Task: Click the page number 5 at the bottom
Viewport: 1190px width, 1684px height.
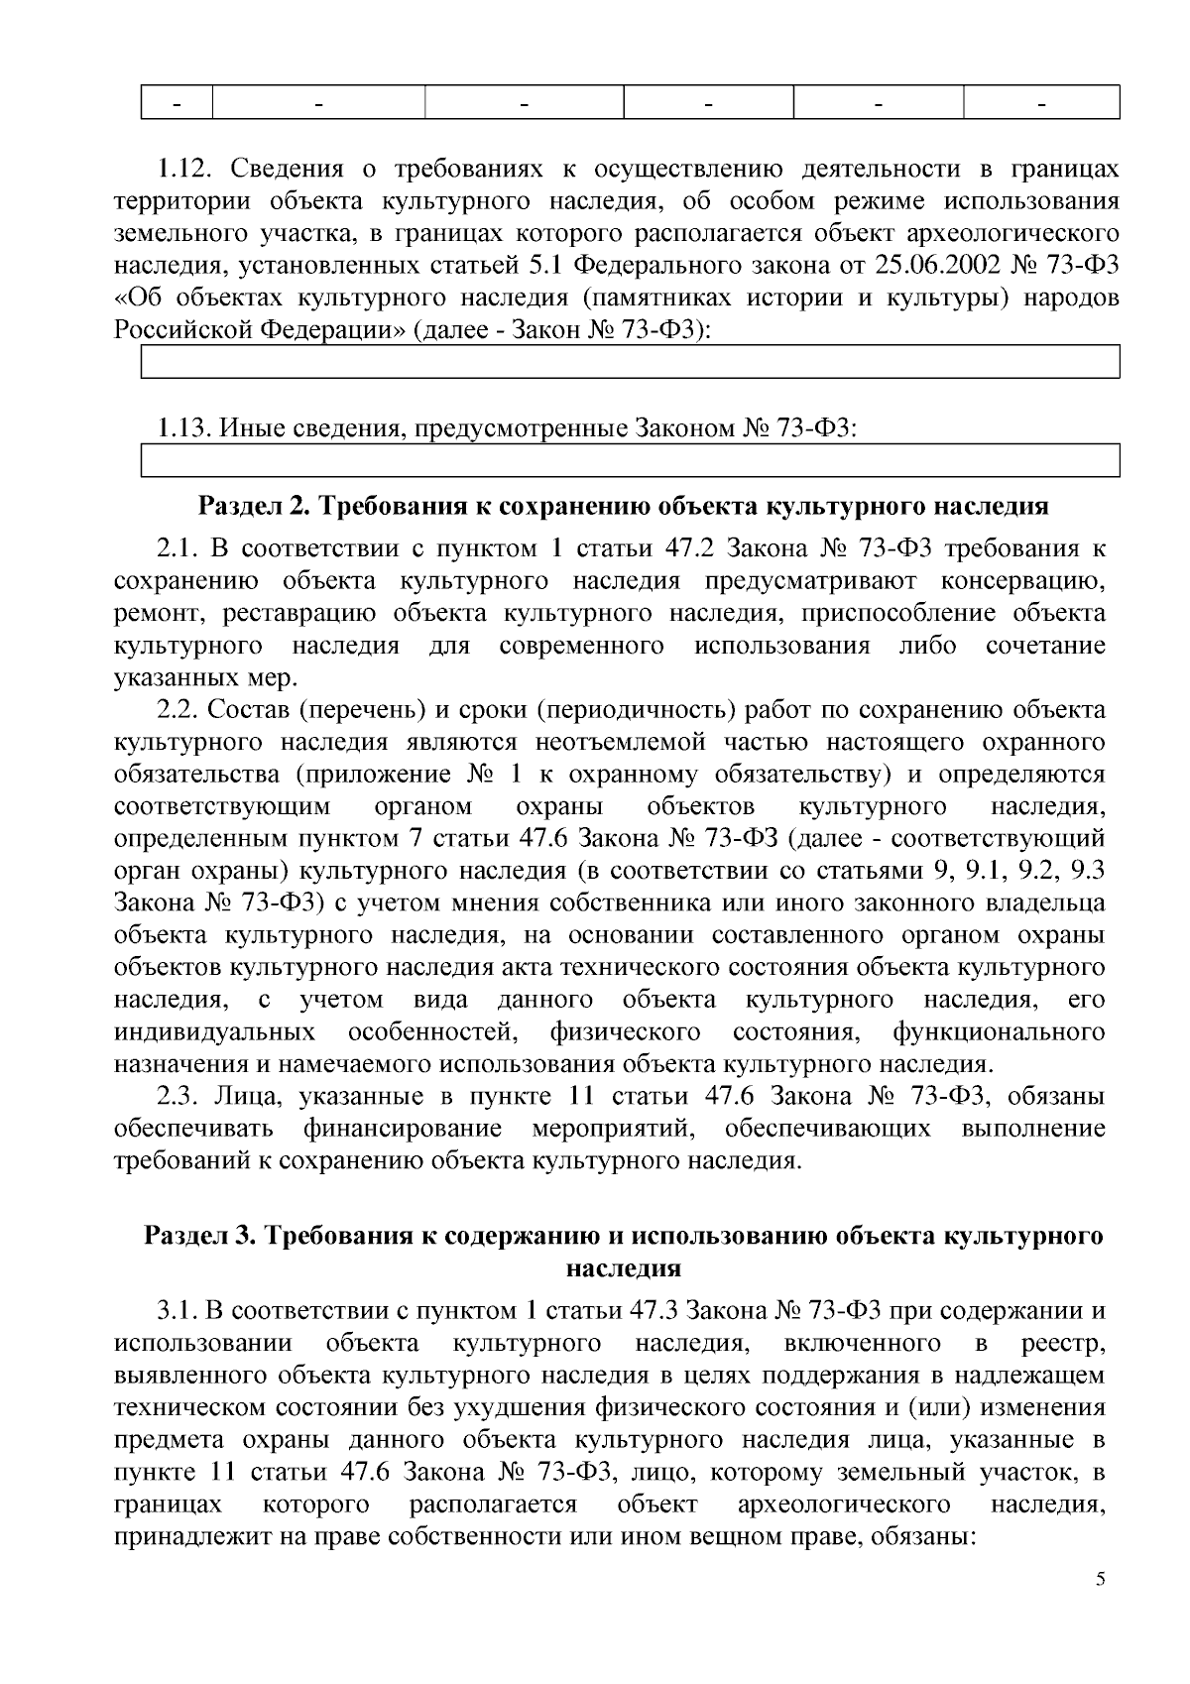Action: [1100, 1580]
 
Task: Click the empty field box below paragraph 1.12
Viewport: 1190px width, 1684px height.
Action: [631, 362]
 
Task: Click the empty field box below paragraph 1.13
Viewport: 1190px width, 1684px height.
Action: [631, 461]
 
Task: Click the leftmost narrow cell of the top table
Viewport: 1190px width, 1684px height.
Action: [178, 103]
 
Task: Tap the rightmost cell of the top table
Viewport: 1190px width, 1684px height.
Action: [1041, 103]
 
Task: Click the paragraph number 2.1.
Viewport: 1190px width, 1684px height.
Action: [178, 548]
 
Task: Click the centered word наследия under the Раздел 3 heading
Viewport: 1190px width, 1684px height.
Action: [623, 1267]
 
